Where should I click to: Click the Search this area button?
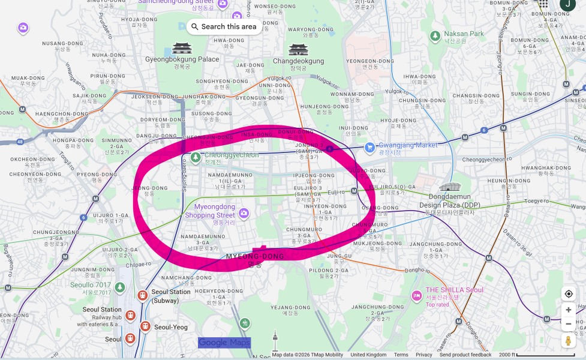point(224,26)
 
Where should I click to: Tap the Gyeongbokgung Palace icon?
point(182,48)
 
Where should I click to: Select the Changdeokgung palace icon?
point(298,49)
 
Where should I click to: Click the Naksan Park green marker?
point(435,36)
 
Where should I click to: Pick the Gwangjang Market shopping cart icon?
point(370,146)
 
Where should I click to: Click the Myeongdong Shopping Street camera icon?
point(244,213)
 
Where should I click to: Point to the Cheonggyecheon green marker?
point(196,157)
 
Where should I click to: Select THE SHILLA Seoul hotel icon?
point(416,295)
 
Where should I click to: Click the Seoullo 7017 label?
point(91,285)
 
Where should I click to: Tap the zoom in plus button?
point(569,310)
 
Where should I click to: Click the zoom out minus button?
point(569,324)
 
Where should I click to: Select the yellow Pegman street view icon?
point(569,340)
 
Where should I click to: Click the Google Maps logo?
point(224,343)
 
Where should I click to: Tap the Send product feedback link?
point(465,355)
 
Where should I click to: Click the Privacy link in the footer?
point(423,355)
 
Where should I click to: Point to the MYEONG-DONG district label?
point(255,257)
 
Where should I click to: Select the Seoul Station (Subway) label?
point(171,295)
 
